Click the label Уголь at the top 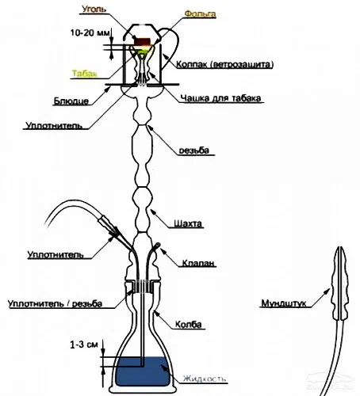pos(94,9)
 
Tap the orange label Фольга pos(200,13)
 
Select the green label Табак pos(85,74)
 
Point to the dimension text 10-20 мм pos(90,33)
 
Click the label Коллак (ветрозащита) pos(224,64)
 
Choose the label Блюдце pos(71,101)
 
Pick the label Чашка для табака pos(220,98)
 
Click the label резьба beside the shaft pos(194,150)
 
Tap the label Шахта pos(188,223)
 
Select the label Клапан pos(198,263)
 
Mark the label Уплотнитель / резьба pos(55,303)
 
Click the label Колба pos(189,324)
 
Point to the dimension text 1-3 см pos(84,345)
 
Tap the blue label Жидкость pos(205,379)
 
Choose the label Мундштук pos(284,303)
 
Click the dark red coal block pos(143,41)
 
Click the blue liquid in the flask pos(143,371)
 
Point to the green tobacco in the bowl pos(143,51)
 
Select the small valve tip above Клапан pos(158,246)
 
